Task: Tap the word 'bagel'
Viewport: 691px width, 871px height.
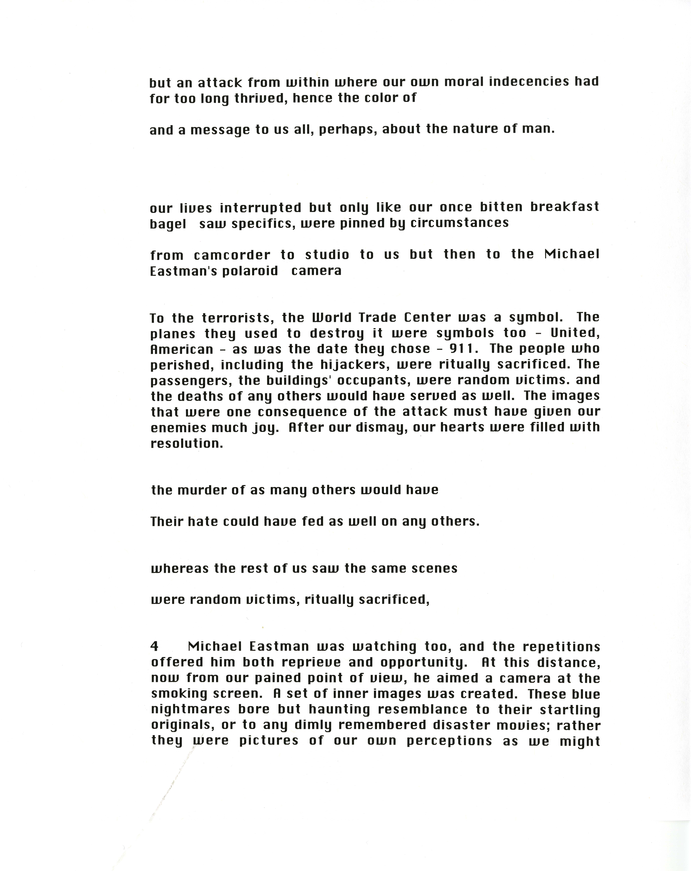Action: pos(168,223)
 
